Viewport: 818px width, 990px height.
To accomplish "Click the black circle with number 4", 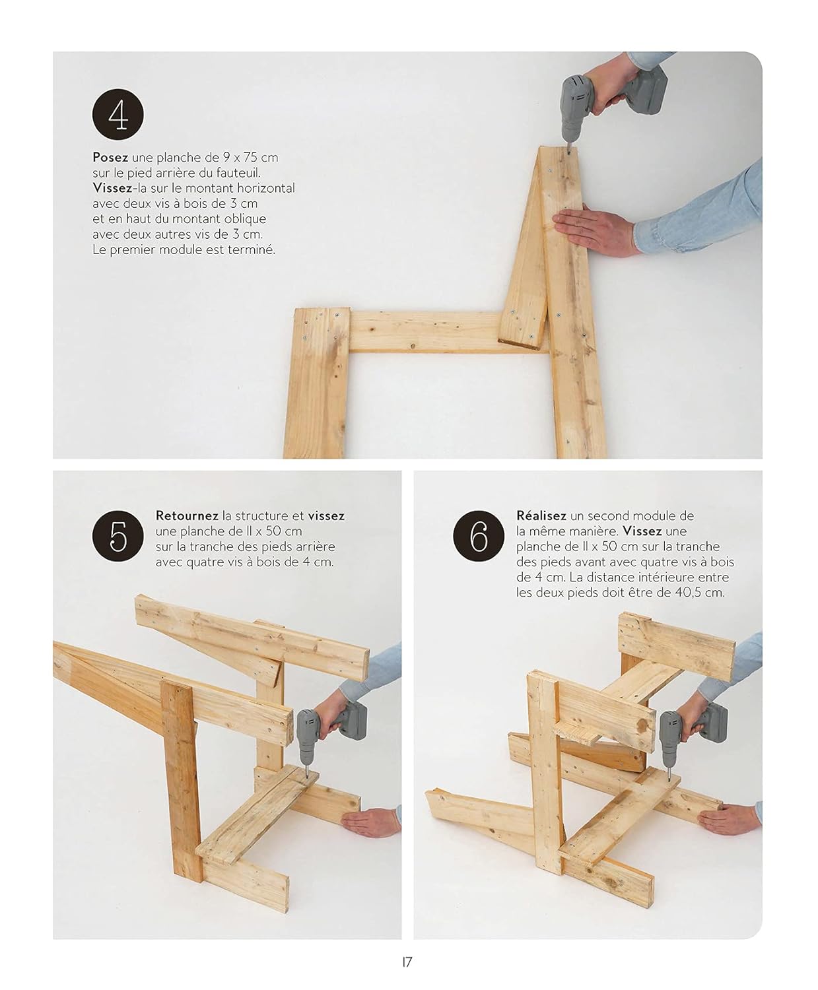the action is [x=118, y=114].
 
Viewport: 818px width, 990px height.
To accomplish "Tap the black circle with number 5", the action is [x=118, y=536].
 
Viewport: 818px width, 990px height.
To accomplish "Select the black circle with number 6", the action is [x=479, y=536].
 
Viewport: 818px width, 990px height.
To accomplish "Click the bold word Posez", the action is [x=110, y=158].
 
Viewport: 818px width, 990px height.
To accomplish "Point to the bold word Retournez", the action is [x=187, y=515].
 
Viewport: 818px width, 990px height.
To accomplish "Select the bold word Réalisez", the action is [x=541, y=515].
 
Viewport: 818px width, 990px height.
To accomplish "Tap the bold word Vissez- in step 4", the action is [x=114, y=188].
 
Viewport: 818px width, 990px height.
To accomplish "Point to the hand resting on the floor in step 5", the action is [x=371, y=822].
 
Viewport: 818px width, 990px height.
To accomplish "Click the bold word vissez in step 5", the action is [x=326, y=515].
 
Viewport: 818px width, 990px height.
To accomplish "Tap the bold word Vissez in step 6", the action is [x=642, y=531].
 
